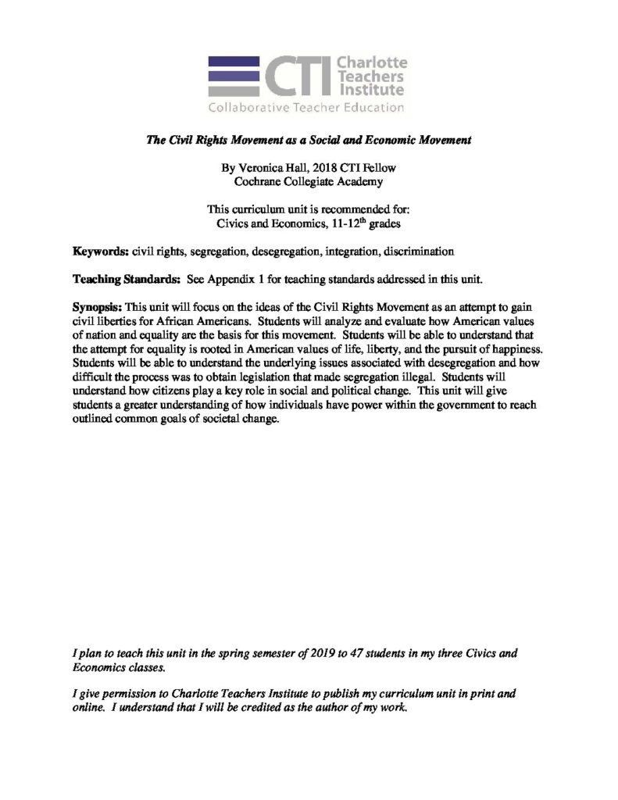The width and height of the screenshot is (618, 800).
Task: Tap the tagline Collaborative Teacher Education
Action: coord(305,107)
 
